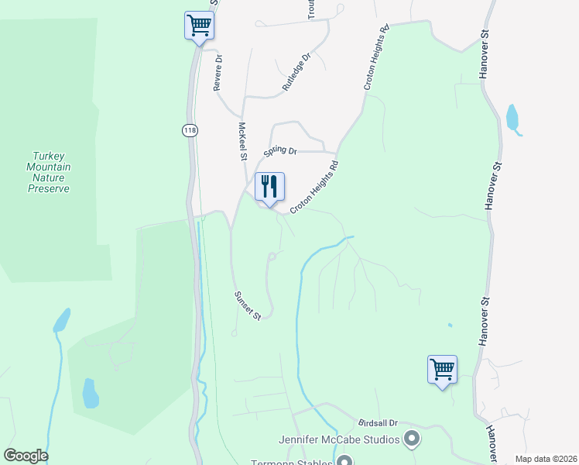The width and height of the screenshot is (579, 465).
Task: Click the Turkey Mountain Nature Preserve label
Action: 48,172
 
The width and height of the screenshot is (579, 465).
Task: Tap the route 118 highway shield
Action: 190,130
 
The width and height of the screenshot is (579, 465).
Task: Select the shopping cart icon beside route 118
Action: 199,26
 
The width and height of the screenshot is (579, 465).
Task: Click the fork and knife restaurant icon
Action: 269,187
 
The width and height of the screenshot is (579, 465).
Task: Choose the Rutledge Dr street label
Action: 296,72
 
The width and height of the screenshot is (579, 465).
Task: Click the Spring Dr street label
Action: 280,150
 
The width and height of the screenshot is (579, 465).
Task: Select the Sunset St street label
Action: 249,305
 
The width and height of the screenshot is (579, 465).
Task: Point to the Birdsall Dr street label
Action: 378,424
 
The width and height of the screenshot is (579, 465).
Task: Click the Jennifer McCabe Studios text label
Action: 340,440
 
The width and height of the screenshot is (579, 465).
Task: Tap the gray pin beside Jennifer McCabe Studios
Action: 412,440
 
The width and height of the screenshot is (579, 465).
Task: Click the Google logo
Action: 26,456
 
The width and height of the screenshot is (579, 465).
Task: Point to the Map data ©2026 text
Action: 545,459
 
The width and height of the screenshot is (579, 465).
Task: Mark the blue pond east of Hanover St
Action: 512,119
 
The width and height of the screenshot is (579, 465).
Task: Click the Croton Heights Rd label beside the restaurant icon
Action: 314,188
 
